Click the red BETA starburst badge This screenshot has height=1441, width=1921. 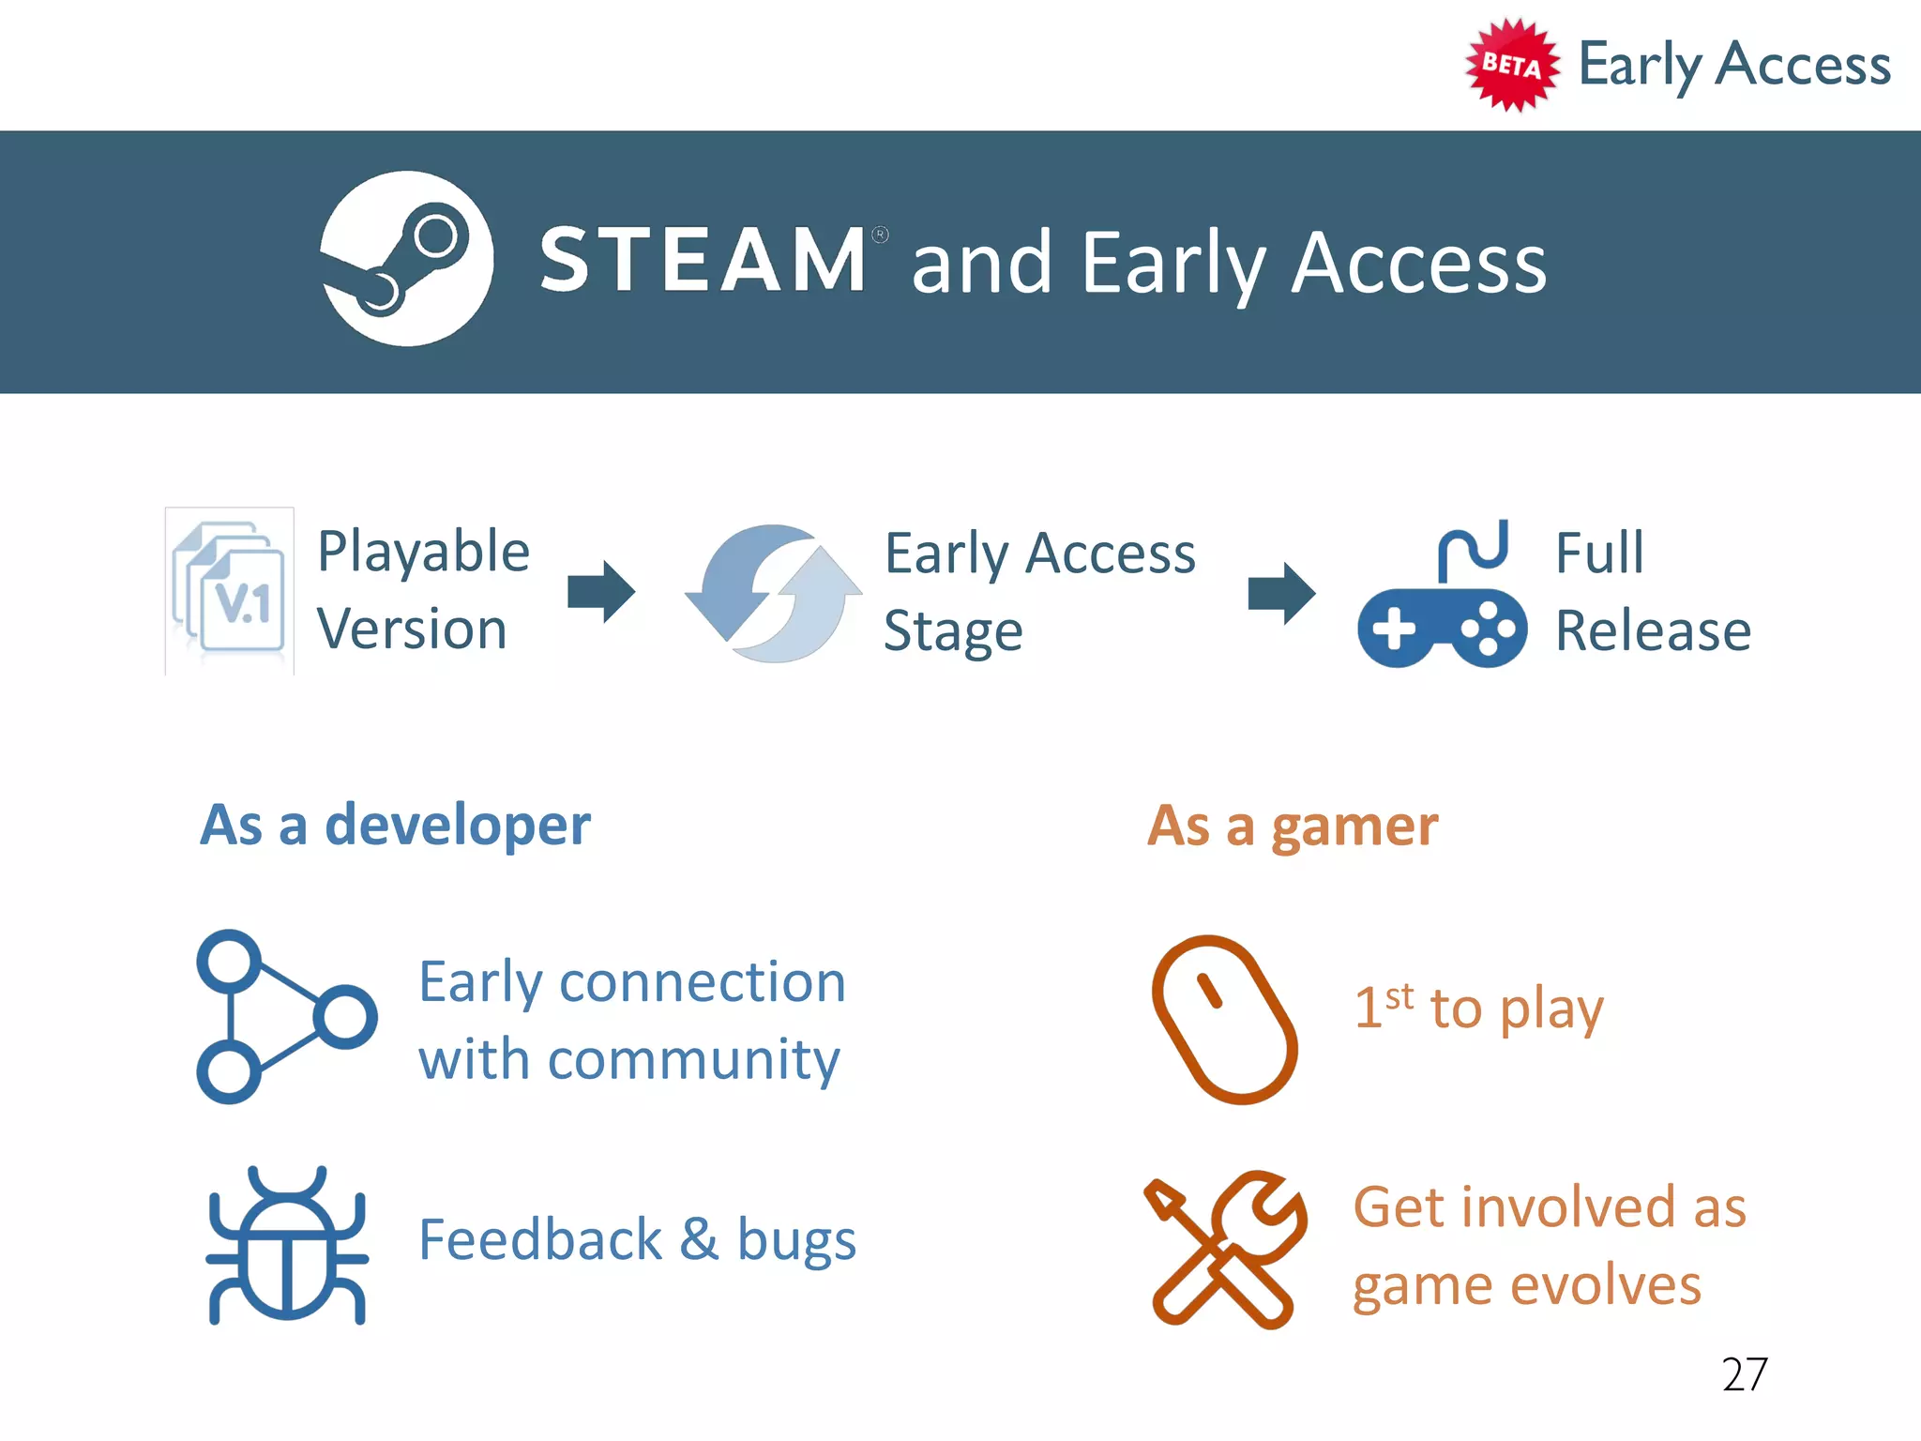(x=1511, y=65)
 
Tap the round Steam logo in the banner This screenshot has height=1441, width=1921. (x=406, y=259)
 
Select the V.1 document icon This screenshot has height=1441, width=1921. (x=231, y=590)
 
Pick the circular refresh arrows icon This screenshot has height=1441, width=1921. (x=774, y=593)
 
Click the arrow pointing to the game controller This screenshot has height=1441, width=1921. (x=1281, y=593)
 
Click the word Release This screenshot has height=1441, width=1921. (x=1653, y=630)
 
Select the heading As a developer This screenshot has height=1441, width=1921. (x=396, y=826)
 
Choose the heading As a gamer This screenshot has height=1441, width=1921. (x=1293, y=827)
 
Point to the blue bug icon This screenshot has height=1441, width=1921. (x=286, y=1245)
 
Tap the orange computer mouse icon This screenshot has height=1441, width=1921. (x=1224, y=1019)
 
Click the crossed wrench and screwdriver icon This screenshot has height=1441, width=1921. (x=1224, y=1250)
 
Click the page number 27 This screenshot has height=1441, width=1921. (x=1744, y=1374)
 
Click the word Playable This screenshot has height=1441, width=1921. (x=423, y=552)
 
